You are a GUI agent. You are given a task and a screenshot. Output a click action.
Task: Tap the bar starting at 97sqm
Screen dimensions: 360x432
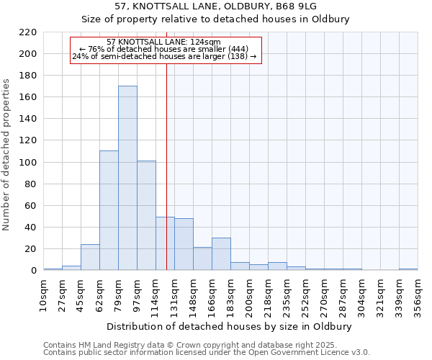[x=146, y=215]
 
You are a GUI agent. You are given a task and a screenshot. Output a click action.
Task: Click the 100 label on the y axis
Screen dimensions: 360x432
[x=28, y=163]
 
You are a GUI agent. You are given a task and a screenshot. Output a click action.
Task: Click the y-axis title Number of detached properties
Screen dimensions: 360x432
[x=7, y=155]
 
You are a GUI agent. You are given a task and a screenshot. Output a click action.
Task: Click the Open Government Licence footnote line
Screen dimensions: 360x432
[x=207, y=352]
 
